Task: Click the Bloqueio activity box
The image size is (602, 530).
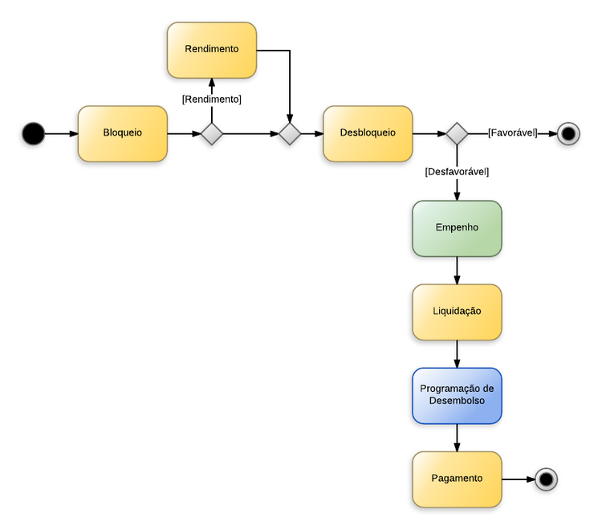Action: [122, 133]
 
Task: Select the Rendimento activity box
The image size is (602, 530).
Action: [211, 50]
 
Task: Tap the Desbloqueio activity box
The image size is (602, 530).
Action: [368, 133]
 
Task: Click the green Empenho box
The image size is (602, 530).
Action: [457, 228]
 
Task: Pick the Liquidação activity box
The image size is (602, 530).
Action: [457, 312]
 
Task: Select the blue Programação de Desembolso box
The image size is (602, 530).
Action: [457, 395]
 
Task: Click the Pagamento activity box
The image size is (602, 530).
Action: [457, 479]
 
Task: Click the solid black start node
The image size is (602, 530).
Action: [33, 133]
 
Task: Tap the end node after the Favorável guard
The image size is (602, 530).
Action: [568, 133]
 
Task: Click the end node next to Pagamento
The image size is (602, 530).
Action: [546, 479]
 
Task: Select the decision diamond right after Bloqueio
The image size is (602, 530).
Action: [211, 133]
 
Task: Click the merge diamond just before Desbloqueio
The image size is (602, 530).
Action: [289, 133]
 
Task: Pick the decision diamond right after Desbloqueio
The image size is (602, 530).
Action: [457, 133]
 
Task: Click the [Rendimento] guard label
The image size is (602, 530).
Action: [211, 100]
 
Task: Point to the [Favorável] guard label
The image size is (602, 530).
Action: [512, 133]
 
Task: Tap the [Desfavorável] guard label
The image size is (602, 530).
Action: [457, 172]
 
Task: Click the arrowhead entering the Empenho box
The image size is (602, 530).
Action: [457, 195]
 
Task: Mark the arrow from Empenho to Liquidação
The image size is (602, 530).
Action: [457, 271]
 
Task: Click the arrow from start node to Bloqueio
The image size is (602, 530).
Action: [61, 133]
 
